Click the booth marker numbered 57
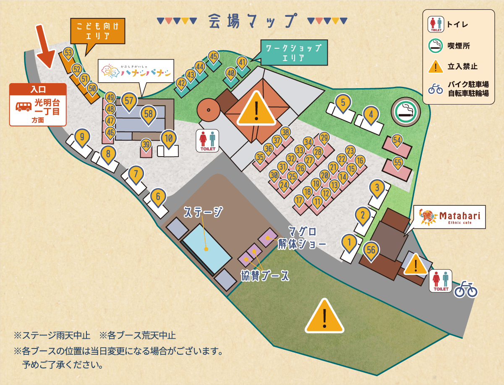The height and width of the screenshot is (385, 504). pyautogui.click(x=129, y=101)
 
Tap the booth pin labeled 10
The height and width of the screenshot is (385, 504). pyautogui.click(x=169, y=138)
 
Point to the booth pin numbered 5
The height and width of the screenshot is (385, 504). pyautogui.click(x=343, y=102)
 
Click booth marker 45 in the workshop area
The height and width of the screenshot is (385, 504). pyautogui.click(x=214, y=56)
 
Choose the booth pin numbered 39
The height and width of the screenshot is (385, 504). pyautogui.click(x=146, y=144)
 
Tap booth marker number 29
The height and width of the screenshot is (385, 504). pyautogui.click(x=324, y=138)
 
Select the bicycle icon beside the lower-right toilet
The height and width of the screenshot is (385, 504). pyautogui.click(x=466, y=289)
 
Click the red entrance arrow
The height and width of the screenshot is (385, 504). pyautogui.click(x=45, y=46)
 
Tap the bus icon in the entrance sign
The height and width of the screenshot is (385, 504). pyautogui.click(x=24, y=106)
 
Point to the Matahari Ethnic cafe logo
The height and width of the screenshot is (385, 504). pyautogui.click(x=449, y=217)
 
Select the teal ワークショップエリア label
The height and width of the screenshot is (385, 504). pyautogui.click(x=293, y=52)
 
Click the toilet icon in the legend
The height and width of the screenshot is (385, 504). pyautogui.click(x=435, y=24)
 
